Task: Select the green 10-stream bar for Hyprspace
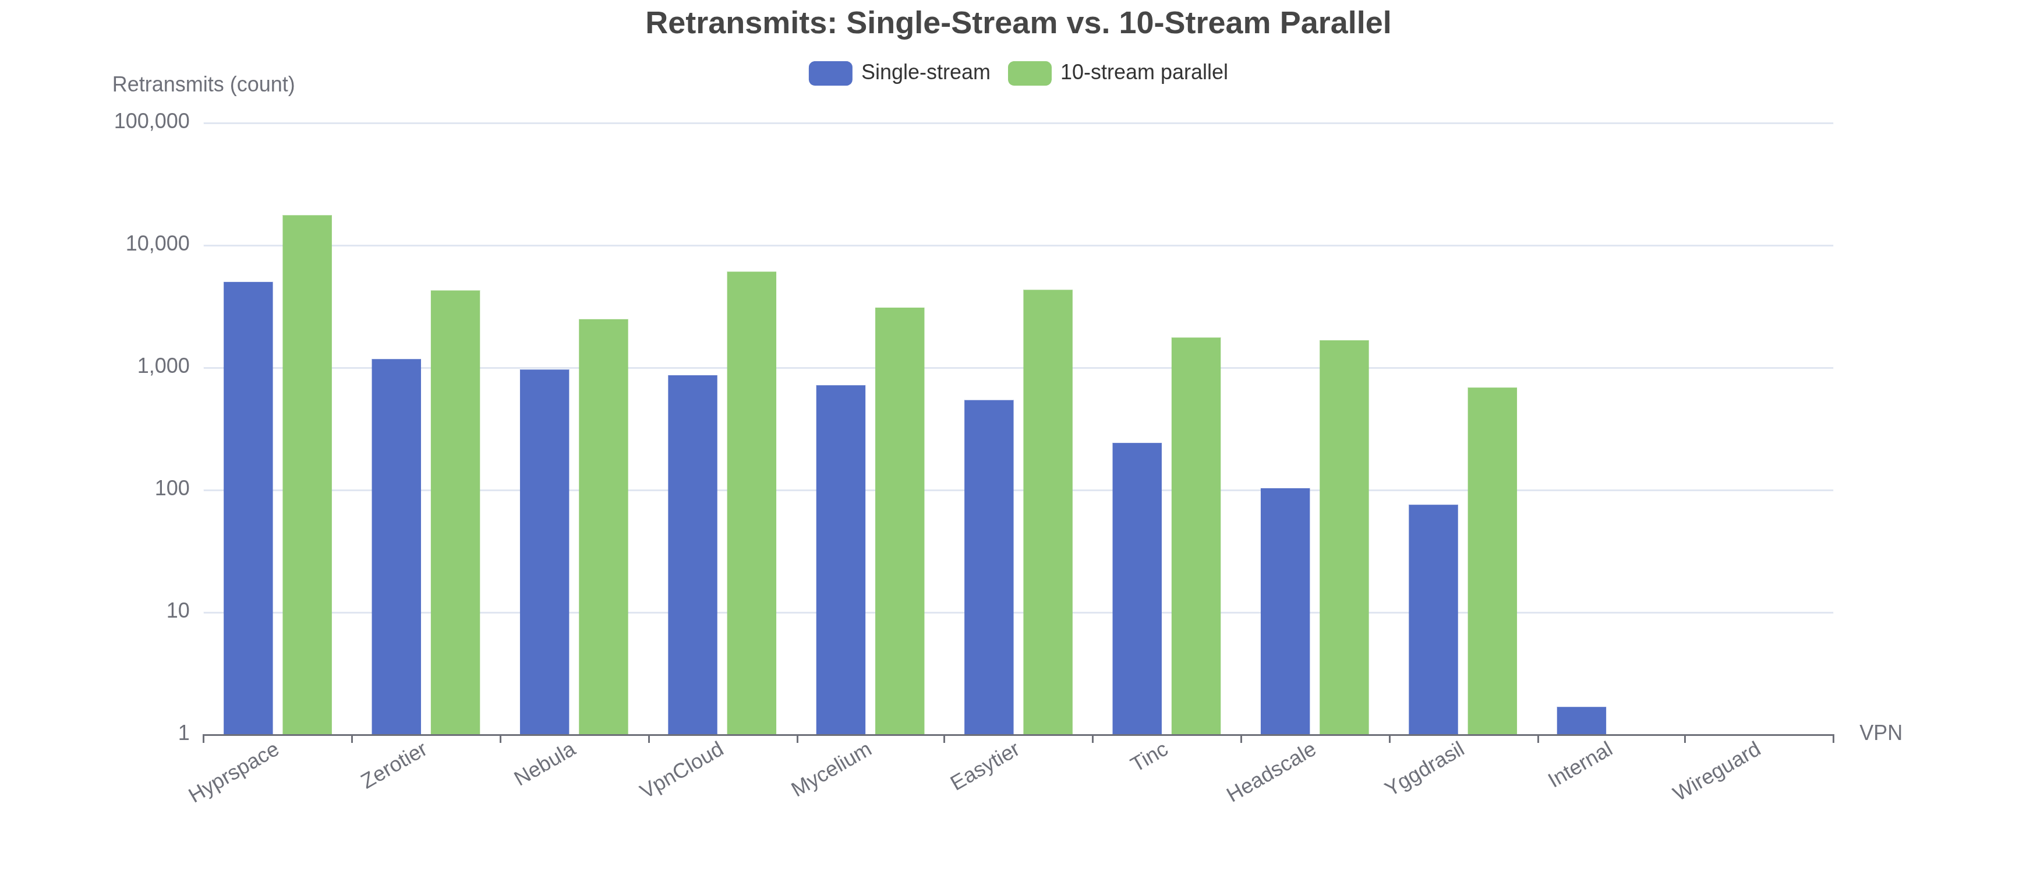[307, 474]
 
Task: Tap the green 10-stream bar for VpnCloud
[751, 503]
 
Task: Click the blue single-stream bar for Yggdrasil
[1433, 619]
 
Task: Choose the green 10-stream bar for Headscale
[1343, 537]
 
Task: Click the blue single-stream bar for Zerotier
[396, 547]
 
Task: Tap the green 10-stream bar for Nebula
[603, 527]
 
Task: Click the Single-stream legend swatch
[830, 73]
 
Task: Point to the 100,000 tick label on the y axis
[152, 121]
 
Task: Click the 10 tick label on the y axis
[178, 611]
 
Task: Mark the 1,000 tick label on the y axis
[164, 366]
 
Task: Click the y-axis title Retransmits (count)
[203, 84]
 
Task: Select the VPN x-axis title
[1880, 733]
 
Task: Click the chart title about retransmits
[1018, 23]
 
